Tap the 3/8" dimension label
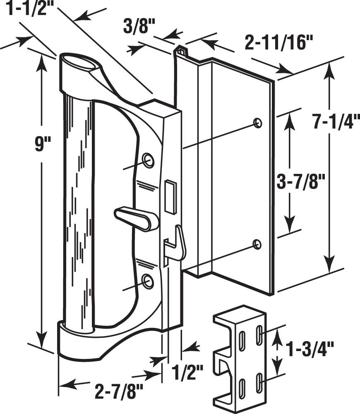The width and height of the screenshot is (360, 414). click(x=139, y=29)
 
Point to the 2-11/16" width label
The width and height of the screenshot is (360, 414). click(x=278, y=43)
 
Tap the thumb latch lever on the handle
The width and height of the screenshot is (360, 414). click(x=136, y=219)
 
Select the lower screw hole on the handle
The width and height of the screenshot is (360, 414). click(x=147, y=281)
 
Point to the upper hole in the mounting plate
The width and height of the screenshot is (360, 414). click(x=257, y=123)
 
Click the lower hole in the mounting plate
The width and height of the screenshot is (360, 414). click(x=257, y=244)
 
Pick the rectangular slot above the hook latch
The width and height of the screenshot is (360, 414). click(x=170, y=195)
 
